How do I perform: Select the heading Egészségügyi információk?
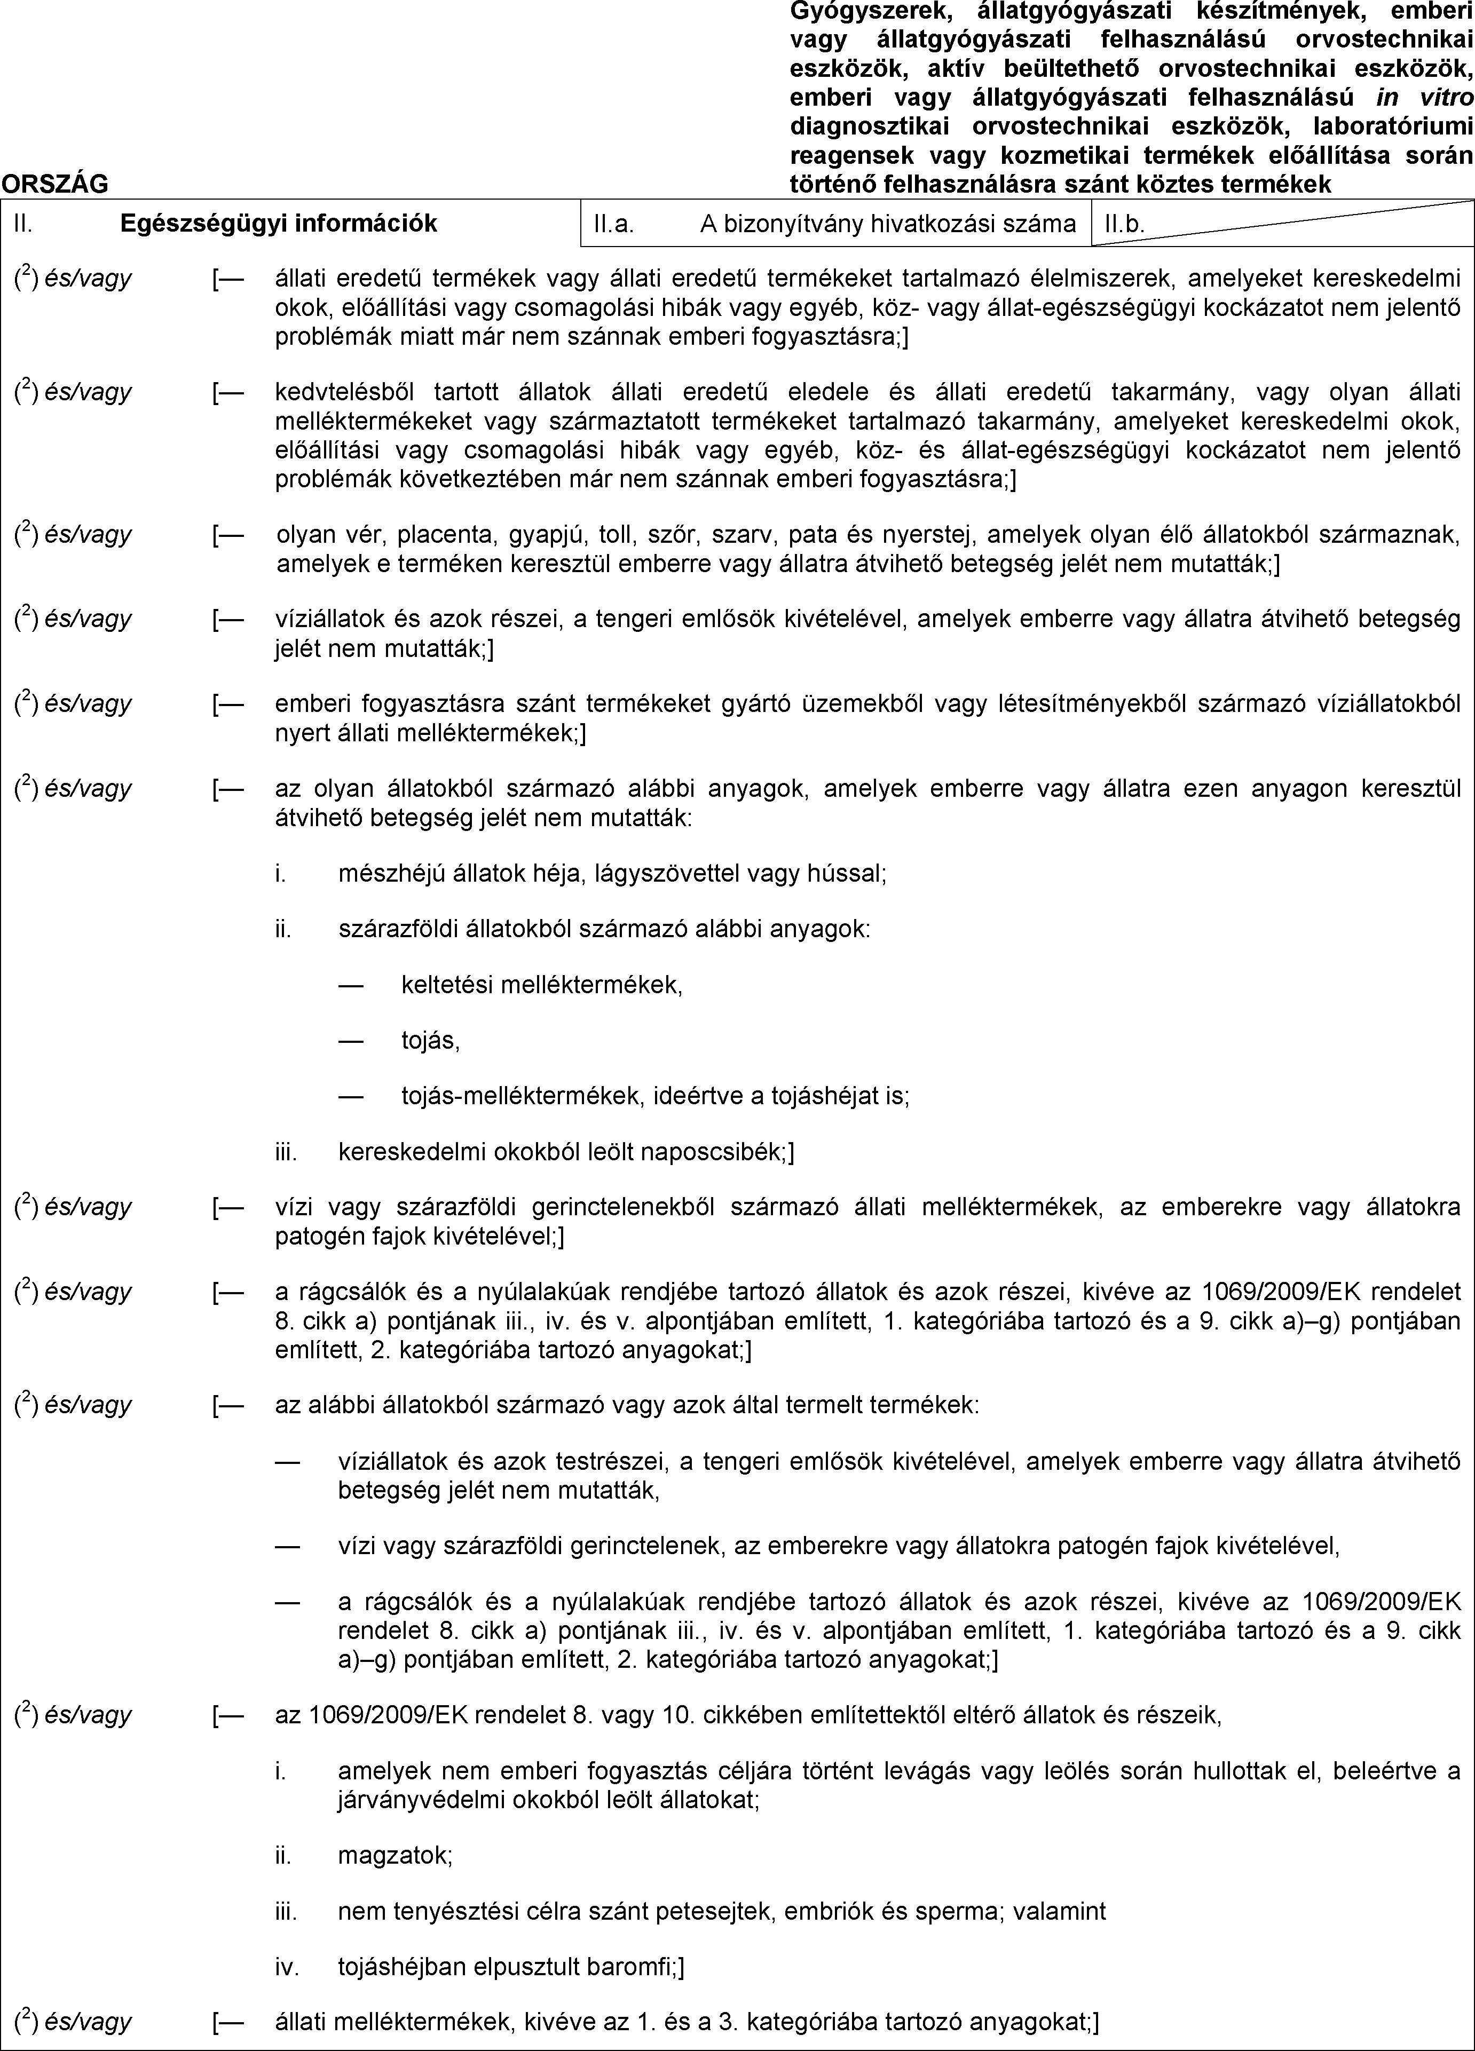pyautogui.click(x=279, y=224)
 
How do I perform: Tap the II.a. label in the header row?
pyautogui.click(x=613, y=224)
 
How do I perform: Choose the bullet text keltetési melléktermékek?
pyautogui.click(x=542, y=984)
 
